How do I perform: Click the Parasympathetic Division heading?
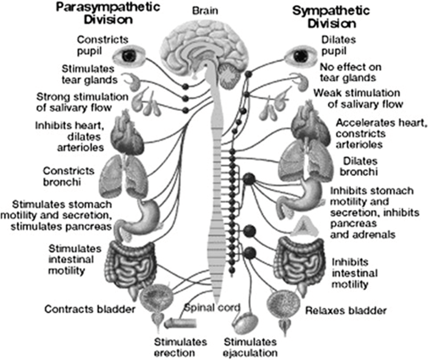pos(108,14)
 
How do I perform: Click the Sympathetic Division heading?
pos(331,17)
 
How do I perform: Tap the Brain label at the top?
pos(205,11)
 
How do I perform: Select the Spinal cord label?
pos(212,308)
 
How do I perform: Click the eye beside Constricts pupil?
pos(129,56)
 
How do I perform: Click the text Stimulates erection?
pos(180,347)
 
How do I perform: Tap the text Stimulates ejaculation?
pos(250,347)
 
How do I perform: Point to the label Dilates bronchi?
pos(359,166)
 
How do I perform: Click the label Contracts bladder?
pos(90,309)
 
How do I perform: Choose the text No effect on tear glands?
pos(351,72)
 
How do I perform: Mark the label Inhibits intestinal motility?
pos(355,273)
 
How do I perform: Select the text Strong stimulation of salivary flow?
pos(82,102)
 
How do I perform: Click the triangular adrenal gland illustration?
pos(304,226)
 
